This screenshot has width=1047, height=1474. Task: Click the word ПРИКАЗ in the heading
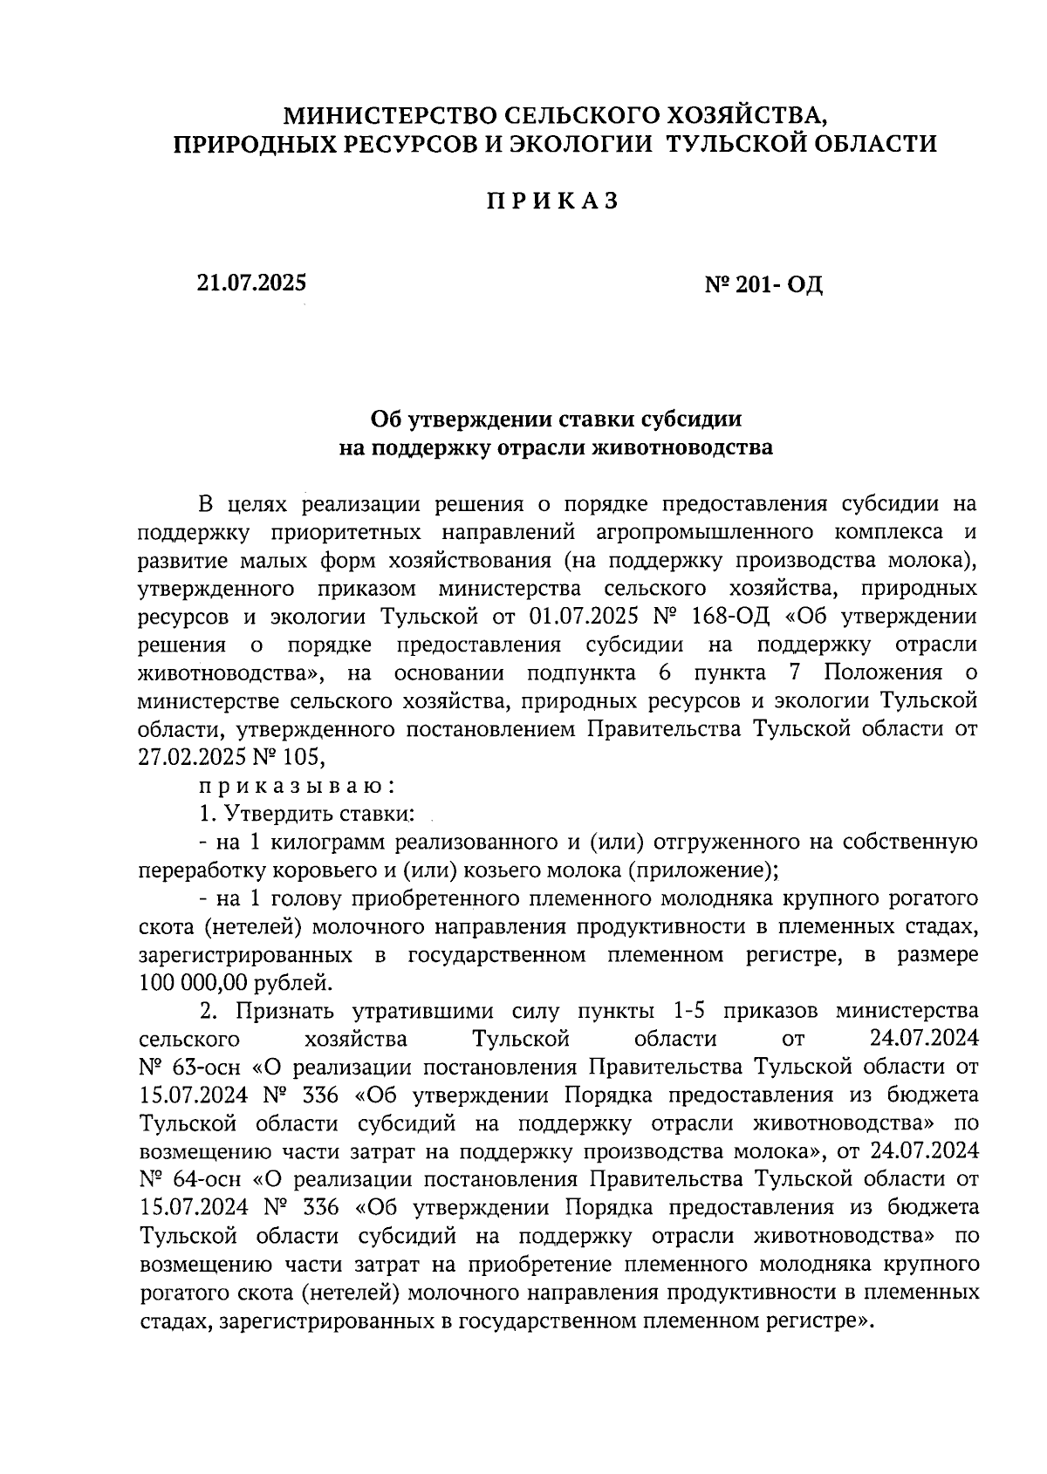tap(552, 201)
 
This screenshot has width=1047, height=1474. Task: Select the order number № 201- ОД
tap(763, 284)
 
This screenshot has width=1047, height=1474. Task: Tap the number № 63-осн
tap(191, 1067)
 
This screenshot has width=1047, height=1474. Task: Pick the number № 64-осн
tap(191, 1179)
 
